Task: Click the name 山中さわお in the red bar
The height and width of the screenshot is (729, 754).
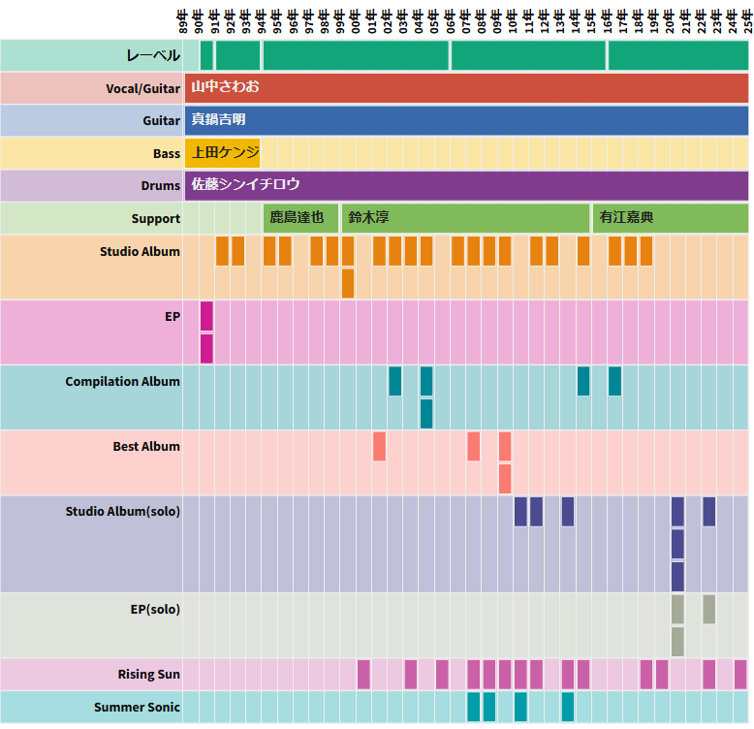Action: click(x=225, y=87)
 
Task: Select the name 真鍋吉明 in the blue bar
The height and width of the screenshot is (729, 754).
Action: click(x=218, y=120)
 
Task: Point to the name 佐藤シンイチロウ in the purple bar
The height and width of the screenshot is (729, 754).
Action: click(x=245, y=184)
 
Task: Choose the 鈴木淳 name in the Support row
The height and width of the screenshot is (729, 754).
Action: click(x=368, y=217)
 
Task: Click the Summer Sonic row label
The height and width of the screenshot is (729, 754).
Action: click(x=137, y=708)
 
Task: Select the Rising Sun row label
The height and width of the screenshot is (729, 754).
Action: click(x=148, y=675)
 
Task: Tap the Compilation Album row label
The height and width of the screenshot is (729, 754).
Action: click(x=122, y=382)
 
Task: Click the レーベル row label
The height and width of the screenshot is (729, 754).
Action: click(x=153, y=56)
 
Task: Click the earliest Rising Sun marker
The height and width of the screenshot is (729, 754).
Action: click(x=363, y=674)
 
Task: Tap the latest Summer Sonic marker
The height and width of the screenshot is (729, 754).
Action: click(x=568, y=707)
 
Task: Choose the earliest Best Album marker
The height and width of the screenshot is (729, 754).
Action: click(x=379, y=446)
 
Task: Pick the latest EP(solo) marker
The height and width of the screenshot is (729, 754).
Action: click(x=709, y=609)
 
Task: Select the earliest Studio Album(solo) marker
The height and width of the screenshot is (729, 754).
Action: click(x=520, y=511)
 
